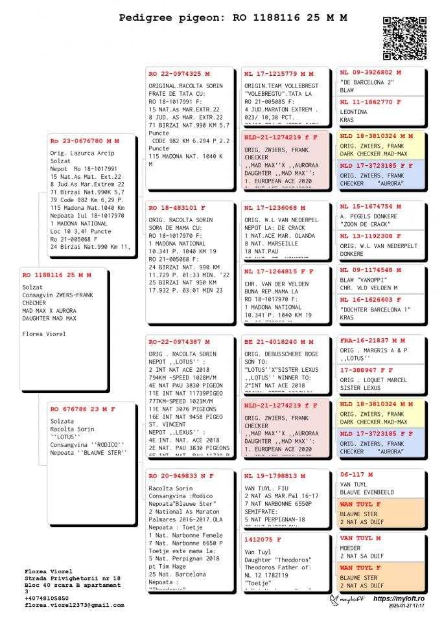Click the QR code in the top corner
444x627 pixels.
(404, 38)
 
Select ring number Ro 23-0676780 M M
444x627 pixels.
(85, 141)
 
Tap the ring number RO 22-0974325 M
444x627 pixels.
(180, 74)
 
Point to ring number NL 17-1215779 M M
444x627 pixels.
(279, 74)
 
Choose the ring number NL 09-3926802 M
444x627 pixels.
(371, 73)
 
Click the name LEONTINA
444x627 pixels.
(354, 112)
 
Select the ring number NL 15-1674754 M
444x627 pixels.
(371, 207)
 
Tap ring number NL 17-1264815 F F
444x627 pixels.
(279, 271)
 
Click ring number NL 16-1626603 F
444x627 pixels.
(371, 300)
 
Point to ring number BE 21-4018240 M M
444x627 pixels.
(279, 341)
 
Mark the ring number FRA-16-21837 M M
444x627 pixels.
(373, 340)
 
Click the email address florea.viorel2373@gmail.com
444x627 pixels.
(75, 605)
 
